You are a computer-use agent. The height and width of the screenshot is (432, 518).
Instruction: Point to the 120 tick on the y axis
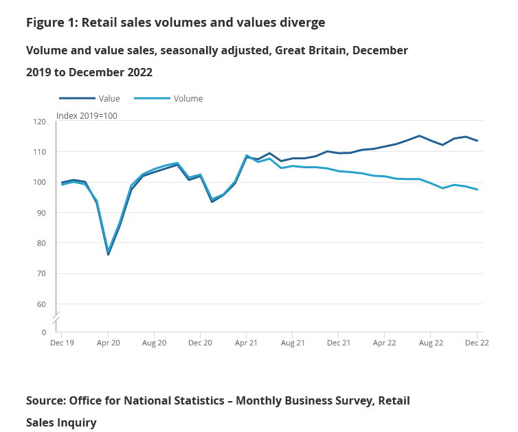pos(39,122)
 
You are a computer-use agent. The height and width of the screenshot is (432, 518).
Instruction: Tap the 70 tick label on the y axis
pos(41,273)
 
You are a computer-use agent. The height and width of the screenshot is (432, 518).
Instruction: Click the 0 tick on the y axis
pos(44,332)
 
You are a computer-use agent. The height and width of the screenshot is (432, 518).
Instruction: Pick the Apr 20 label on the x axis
pos(108,342)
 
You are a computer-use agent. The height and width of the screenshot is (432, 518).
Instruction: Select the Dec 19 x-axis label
pos(62,342)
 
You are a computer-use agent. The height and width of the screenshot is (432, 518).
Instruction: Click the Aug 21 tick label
pos(293,342)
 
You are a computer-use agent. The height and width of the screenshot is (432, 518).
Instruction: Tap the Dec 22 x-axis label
pos(477,342)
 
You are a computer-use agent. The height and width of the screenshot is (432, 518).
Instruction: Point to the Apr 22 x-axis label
pos(385,342)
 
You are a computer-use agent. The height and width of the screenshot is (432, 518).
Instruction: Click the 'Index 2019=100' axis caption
pos(87,115)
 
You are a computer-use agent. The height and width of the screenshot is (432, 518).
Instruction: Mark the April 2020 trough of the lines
pos(109,253)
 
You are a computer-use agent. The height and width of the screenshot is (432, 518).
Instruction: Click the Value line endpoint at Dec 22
pos(477,141)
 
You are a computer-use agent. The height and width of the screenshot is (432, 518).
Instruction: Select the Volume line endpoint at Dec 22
pos(477,190)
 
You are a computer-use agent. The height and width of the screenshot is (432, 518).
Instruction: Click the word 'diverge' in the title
pos(300,22)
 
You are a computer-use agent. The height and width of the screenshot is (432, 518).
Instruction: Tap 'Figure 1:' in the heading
pos(52,22)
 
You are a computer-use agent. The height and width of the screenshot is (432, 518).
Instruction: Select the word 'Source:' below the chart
pos(49,400)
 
